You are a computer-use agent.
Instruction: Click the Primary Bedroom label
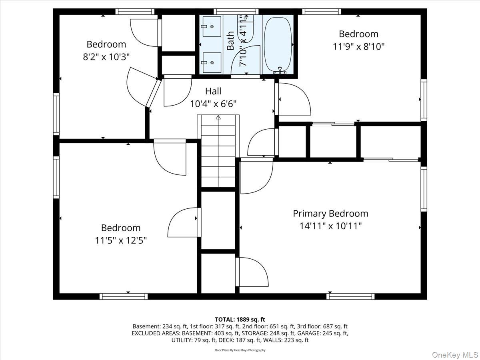point(330,214)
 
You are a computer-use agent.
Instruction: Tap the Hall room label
point(213,91)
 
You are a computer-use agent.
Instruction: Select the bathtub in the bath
point(277,43)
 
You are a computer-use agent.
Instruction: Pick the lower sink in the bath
point(212,62)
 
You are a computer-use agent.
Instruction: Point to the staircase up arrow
point(218,118)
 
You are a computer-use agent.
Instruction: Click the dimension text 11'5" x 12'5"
point(121,240)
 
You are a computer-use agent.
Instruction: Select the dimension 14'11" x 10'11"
point(330,226)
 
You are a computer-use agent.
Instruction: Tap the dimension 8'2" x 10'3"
point(106,57)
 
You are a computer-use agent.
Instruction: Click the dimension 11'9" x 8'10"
point(358,46)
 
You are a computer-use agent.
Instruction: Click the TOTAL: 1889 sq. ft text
point(240,319)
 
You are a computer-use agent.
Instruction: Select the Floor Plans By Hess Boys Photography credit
point(240,350)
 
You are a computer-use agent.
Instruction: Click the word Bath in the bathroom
point(231,41)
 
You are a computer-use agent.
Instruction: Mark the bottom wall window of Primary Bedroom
point(350,296)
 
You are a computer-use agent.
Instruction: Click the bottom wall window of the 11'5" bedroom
point(124,296)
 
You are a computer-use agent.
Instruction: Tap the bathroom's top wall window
point(235,11)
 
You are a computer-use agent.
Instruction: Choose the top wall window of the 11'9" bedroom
point(322,11)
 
